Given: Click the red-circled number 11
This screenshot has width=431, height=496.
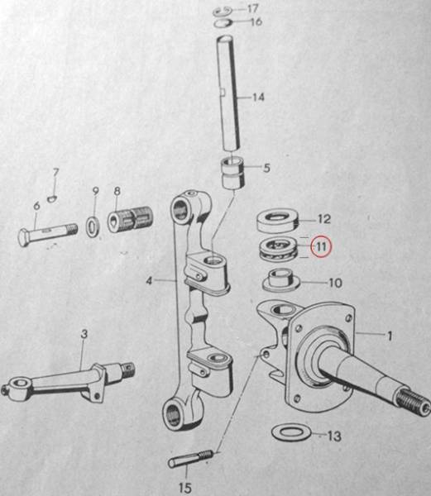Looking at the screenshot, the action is (321, 246).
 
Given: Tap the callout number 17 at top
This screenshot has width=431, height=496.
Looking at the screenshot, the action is (252, 8).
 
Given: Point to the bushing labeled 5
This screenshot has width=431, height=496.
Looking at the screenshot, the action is (233, 174).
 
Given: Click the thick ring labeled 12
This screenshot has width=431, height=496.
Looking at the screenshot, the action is (277, 221).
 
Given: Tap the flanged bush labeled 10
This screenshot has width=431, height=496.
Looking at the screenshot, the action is (281, 280).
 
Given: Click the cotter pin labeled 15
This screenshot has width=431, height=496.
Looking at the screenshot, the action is (190, 459).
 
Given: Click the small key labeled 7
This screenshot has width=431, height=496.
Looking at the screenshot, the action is (52, 198).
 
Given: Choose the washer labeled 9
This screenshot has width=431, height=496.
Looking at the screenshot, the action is (93, 227).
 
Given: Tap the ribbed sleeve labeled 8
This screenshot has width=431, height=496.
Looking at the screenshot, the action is (131, 219).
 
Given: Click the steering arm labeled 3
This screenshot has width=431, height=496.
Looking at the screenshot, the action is (68, 381).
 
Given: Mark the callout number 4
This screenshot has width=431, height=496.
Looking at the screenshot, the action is (150, 280).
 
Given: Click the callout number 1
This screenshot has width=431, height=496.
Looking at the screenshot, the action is (390, 336).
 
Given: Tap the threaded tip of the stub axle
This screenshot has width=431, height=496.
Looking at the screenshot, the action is (414, 402).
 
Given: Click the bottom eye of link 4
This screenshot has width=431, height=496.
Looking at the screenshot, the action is (174, 414).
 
